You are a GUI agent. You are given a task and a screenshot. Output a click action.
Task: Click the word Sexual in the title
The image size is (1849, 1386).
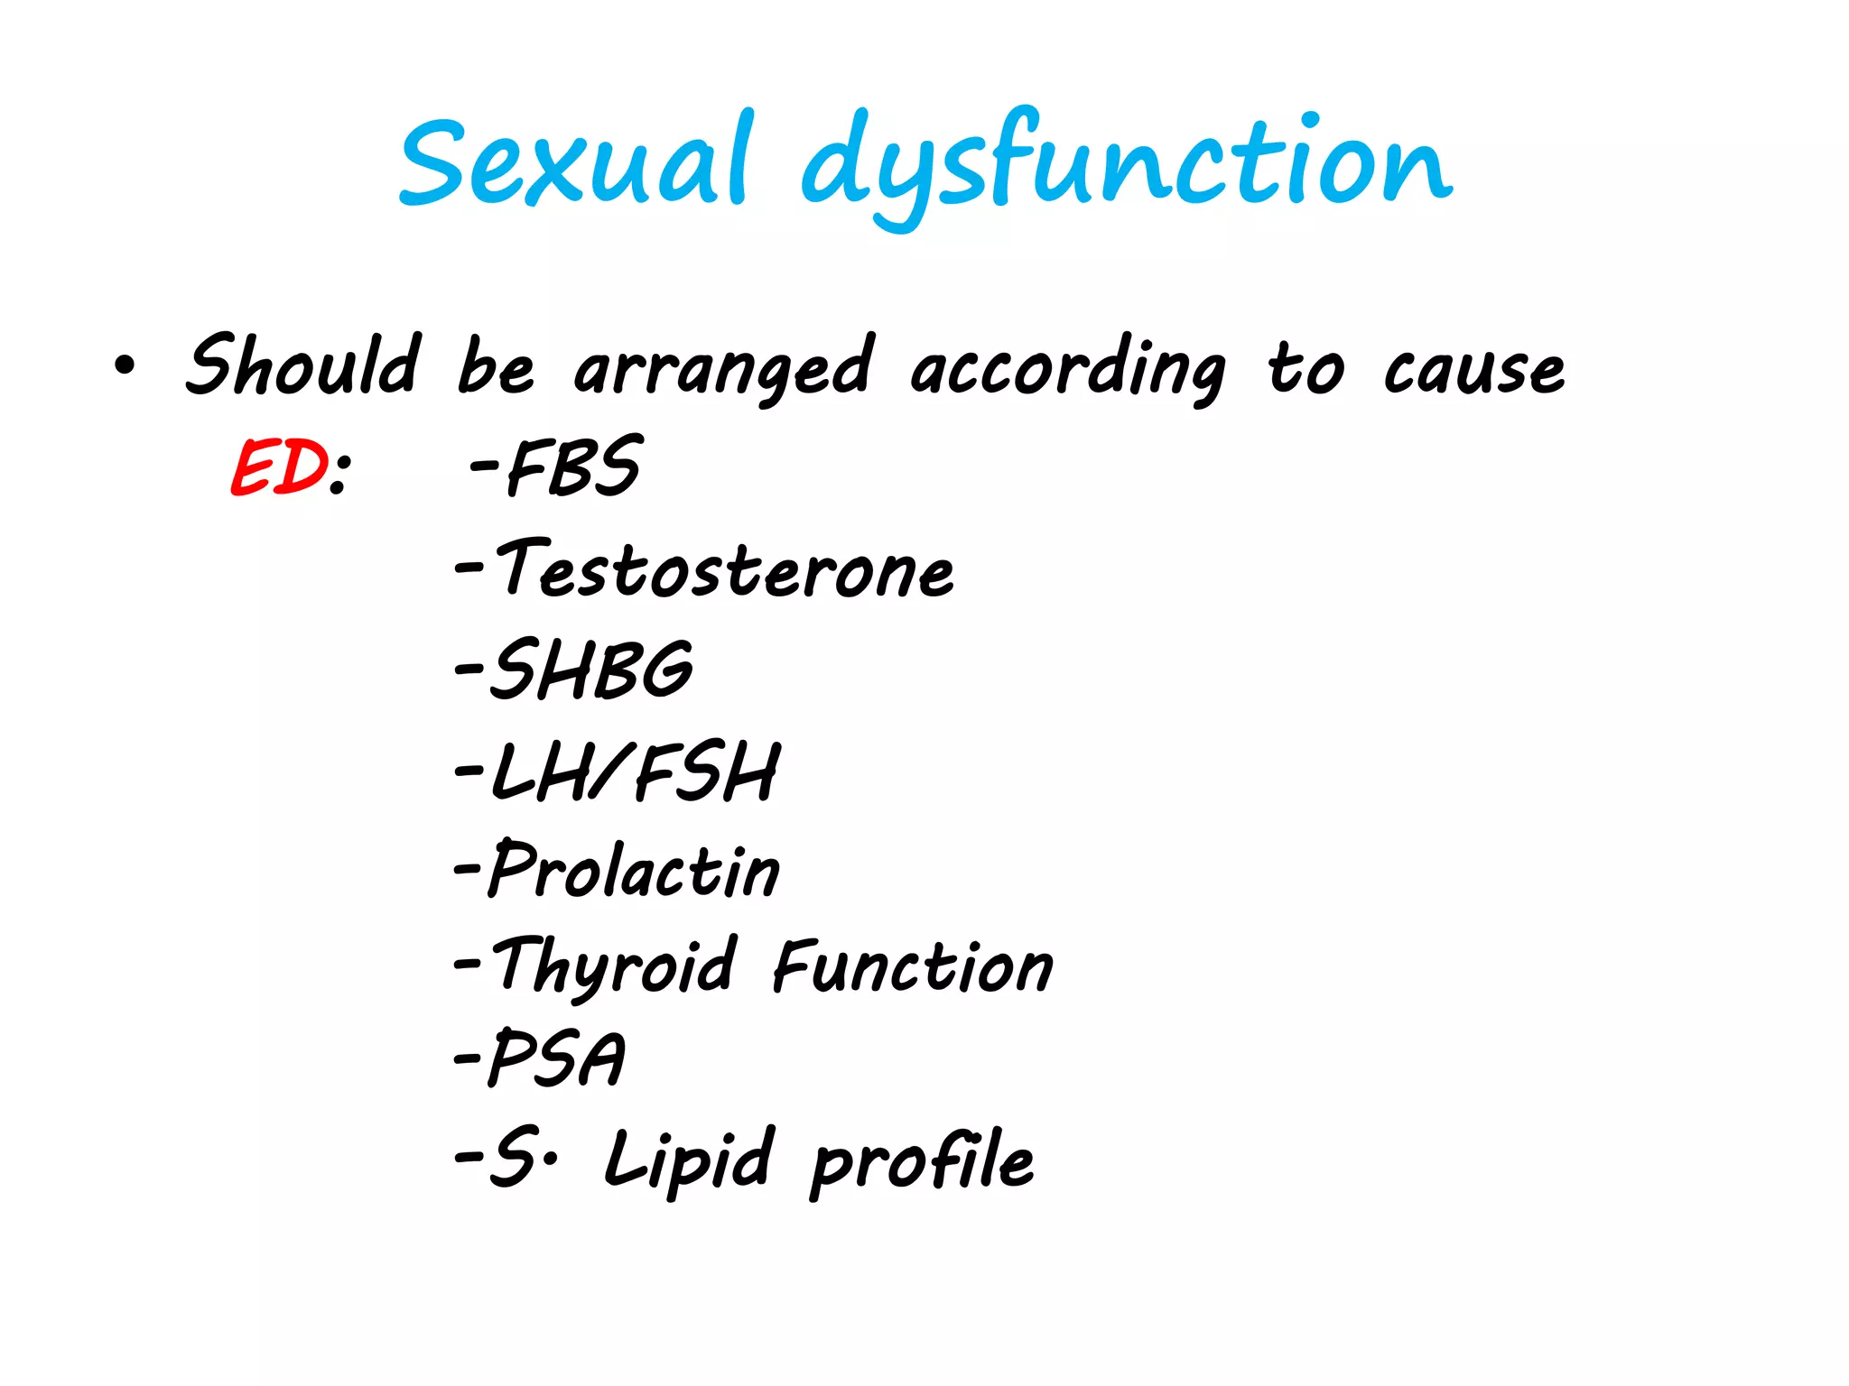pos(574,163)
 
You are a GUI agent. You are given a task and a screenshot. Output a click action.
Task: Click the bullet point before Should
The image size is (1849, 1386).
pos(125,366)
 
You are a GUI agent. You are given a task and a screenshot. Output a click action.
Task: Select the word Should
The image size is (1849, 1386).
pos(303,365)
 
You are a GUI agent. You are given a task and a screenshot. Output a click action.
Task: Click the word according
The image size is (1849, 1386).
pos(1066,368)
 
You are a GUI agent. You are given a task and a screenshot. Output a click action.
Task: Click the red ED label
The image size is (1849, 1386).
pos(278,467)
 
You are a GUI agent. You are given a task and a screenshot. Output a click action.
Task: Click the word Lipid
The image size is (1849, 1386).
pos(688,1159)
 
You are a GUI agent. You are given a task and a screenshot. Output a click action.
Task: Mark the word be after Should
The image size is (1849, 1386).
pos(495,366)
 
